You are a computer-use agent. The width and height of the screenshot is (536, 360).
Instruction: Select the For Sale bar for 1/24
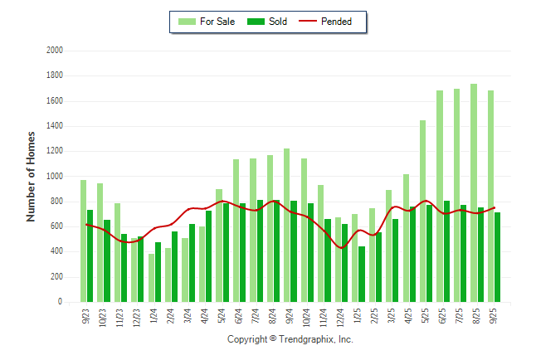coord(151,277)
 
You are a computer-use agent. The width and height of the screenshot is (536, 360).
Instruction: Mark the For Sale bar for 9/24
coord(286,225)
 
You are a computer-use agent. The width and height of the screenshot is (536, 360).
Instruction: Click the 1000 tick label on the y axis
coord(55,177)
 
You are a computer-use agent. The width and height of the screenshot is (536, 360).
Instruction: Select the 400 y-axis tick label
coord(57,252)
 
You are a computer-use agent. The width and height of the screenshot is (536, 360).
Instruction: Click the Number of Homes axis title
coord(32,176)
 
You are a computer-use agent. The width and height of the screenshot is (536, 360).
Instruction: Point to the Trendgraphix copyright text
coord(290,339)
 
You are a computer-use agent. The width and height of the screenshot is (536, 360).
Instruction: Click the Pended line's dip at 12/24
coord(341,248)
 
